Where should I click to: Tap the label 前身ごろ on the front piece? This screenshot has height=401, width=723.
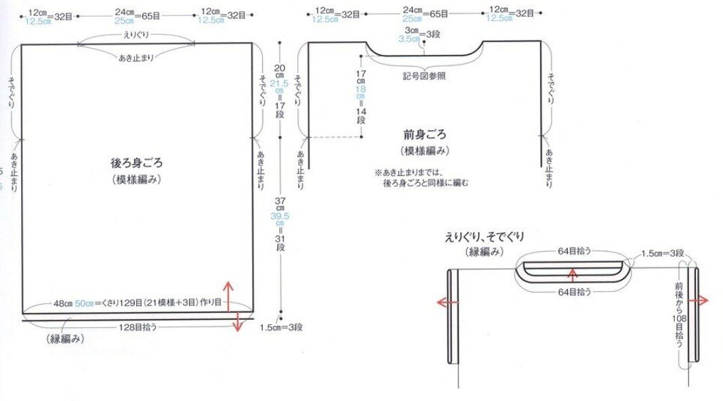pyautogui.click(x=424, y=135)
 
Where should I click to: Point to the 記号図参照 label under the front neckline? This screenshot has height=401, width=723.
pyautogui.click(x=424, y=75)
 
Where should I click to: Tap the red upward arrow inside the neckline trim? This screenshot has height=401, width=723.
pyautogui.click(x=573, y=273)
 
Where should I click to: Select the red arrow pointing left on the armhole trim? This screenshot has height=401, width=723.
pyautogui.click(x=445, y=302)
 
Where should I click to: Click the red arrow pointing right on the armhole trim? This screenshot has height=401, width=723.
pyautogui.click(x=702, y=301)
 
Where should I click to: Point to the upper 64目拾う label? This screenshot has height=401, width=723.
pyautogui.click(x=573, y=251)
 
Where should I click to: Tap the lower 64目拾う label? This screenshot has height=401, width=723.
pyautogui.click(x=573, y=292)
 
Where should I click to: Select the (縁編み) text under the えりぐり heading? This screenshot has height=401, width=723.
pyautogui.click(x=483, y=252)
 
